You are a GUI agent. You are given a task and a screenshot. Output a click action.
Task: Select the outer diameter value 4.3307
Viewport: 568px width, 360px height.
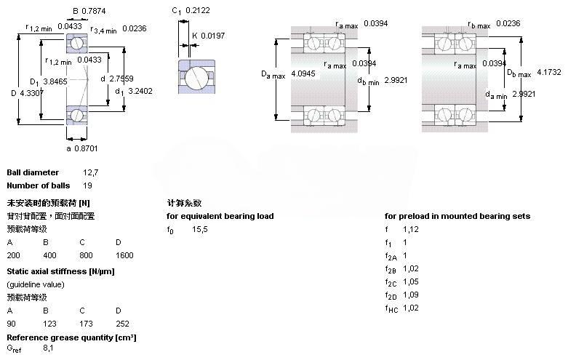[x=31, y=92]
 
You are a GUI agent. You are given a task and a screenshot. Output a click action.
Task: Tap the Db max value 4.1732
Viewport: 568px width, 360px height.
[x=548, y=73]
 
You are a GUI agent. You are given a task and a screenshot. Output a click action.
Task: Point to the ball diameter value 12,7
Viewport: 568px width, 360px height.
[x=90, y=173]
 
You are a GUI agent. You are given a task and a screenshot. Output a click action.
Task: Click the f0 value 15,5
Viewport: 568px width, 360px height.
[x=200, y=230]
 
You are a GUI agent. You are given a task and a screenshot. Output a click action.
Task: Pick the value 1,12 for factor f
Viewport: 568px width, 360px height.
[x=411, y=229]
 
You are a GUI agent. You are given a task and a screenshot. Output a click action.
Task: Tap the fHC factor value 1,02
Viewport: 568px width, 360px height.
[x=411, y=308]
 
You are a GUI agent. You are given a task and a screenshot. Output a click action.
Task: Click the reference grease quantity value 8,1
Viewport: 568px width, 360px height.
[x=48, y=349]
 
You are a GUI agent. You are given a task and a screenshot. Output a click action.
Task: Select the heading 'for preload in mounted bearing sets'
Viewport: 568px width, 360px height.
[x=457, y=216]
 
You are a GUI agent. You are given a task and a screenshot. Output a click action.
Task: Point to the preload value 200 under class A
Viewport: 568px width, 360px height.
[x=13, y=255]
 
